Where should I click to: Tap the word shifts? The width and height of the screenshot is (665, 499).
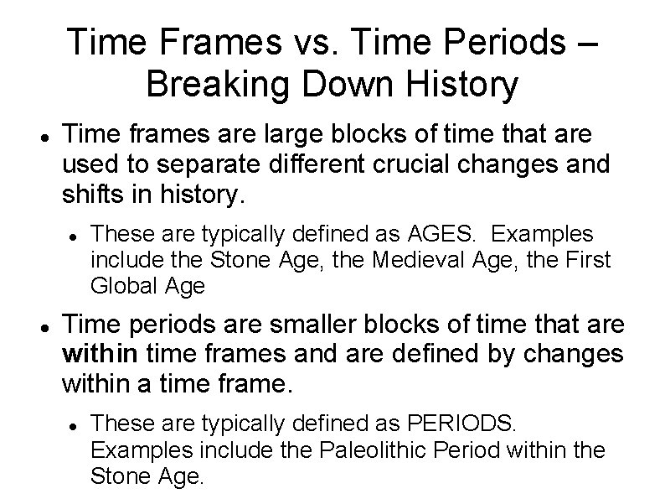pos(95,195)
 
